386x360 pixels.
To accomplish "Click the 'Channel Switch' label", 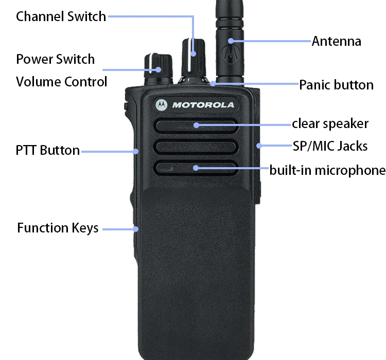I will (x=61, y=16).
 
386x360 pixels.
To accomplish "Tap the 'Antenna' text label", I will (x=336, y=41).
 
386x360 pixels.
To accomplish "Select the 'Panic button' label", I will (x=336, y=85).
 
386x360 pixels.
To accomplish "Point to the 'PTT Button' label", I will (x=47, y=151).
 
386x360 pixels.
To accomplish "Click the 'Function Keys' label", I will (x=58, y=228).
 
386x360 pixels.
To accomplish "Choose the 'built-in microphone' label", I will (x=327, y=170).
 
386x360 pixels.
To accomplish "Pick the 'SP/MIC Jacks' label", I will (x=330, y=146).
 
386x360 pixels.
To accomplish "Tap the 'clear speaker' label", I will (x=330, y=124).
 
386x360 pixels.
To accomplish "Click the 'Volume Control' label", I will (x=62, y=82).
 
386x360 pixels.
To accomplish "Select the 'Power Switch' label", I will (x=56, y=59).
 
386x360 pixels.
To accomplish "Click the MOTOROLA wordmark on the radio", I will (x=203, y=105).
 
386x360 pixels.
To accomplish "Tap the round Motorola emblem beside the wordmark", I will (x=162, y=105).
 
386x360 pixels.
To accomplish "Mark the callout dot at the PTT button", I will (x=136, y=151).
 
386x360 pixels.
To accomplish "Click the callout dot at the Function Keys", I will (x=136, y=228).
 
